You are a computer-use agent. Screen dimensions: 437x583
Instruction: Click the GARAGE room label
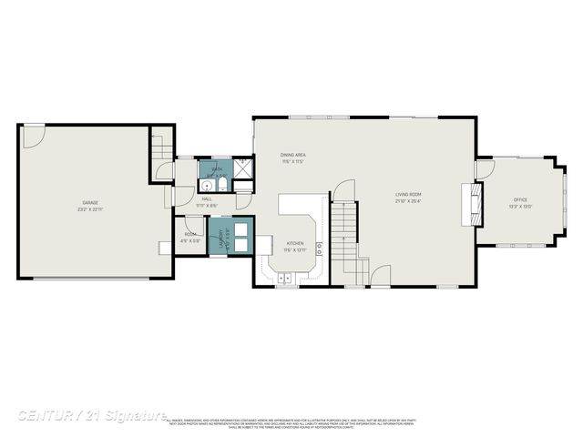(90, 202)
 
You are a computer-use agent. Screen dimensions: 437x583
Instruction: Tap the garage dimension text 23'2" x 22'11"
(90, 208)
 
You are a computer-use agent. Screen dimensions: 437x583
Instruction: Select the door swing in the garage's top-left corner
(33, 137)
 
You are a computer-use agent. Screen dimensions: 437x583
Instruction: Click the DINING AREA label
(292, 156)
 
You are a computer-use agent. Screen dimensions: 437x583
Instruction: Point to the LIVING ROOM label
(407, 195)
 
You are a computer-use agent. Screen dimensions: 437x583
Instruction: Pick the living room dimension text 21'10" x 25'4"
(407, 201)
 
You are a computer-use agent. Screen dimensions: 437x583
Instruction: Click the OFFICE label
(520, 199)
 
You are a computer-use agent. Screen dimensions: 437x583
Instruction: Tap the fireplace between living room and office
(471, 203)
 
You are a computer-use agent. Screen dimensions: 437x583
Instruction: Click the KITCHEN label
(295, 243)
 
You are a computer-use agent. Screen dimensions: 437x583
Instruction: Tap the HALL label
(207, 198)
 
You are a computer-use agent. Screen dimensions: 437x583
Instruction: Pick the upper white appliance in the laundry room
(242, 229)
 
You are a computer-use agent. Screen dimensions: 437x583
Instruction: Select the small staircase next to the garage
(160, 147)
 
